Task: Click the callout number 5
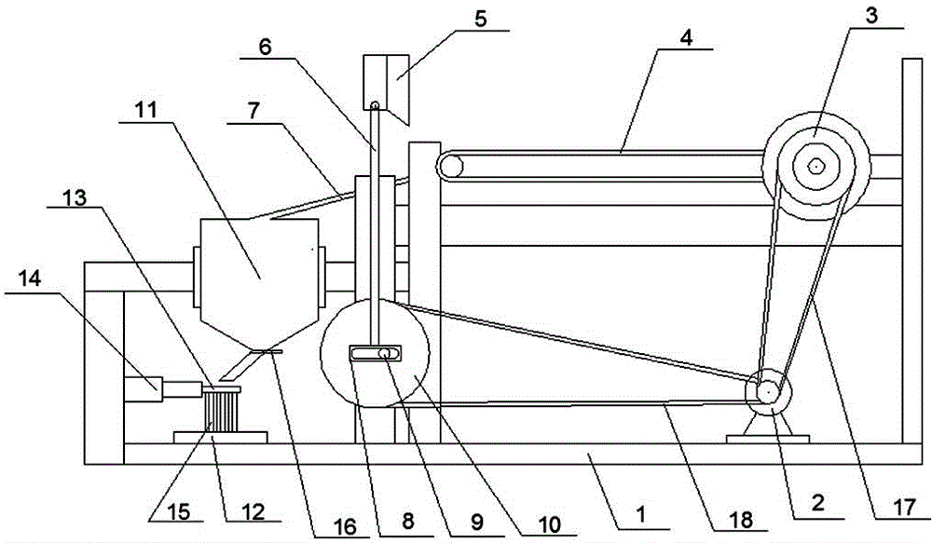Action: tap(480, 18)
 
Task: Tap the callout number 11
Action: tap(145, 110)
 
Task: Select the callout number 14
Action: tap(31, 278)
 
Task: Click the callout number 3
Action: tap(870, 16)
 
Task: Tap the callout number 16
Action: tap(346, 526)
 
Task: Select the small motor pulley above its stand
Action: tap(769, 392)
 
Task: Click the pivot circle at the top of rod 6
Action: tap(375, 106)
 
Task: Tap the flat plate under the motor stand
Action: tap(767, 439)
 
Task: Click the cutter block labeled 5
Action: tap(386, 89)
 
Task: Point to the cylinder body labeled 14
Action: tap(143, 389)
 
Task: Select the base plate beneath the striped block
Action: tap(220, 437)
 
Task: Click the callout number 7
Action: tap(254, 113)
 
